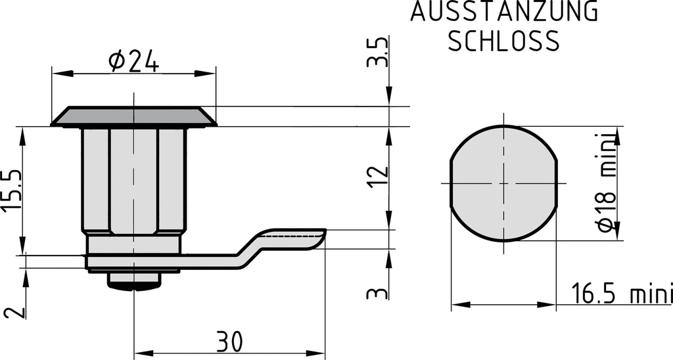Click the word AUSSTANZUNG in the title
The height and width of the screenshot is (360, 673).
click(504, 12)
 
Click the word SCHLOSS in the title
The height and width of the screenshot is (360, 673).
click(503, 41)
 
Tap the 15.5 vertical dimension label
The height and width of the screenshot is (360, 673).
click(12, 191)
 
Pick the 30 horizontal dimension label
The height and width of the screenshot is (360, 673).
click(229, 341)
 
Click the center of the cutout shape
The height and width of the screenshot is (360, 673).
click(504, 183)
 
